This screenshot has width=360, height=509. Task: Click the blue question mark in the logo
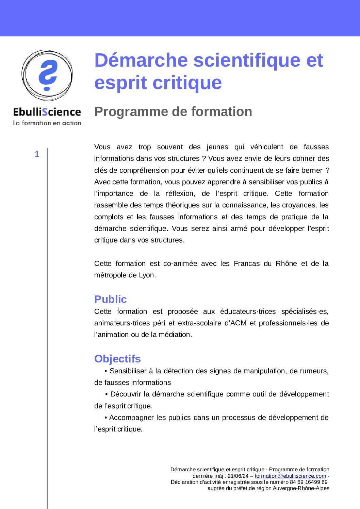tap(48, 75)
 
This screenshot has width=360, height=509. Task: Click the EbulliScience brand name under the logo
tap(47, 112)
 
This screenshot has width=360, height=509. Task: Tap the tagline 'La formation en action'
tap(47, 123)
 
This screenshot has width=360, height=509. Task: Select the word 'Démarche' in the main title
tap(141, 60)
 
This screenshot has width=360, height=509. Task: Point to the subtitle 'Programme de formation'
tap(173, 112)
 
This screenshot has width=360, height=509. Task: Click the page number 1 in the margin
tap(37, 154)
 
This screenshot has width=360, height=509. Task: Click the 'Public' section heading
tap(110, 299)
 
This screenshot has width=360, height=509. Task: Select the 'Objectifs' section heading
tap(117, 359)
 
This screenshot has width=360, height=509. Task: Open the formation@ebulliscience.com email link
tap(290, 476)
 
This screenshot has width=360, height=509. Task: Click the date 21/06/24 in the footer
tap(238, 476)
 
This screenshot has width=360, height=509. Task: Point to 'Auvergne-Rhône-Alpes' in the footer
tap(301, 488)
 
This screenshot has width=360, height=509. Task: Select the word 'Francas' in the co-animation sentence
tap(247, 264)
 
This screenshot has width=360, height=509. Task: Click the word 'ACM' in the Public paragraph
tap(238, 323)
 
